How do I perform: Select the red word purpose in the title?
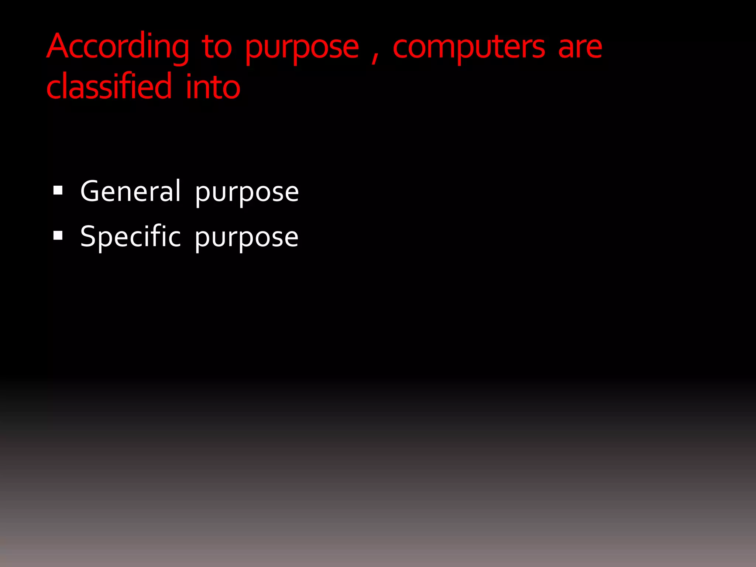302,49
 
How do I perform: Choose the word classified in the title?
109,86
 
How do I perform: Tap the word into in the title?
213,87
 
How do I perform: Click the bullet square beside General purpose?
58,190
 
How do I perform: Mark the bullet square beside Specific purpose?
58,236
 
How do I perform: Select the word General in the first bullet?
131,191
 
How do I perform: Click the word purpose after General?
247,193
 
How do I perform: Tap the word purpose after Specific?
247,238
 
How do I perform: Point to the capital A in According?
59,47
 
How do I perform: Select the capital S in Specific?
88,236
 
